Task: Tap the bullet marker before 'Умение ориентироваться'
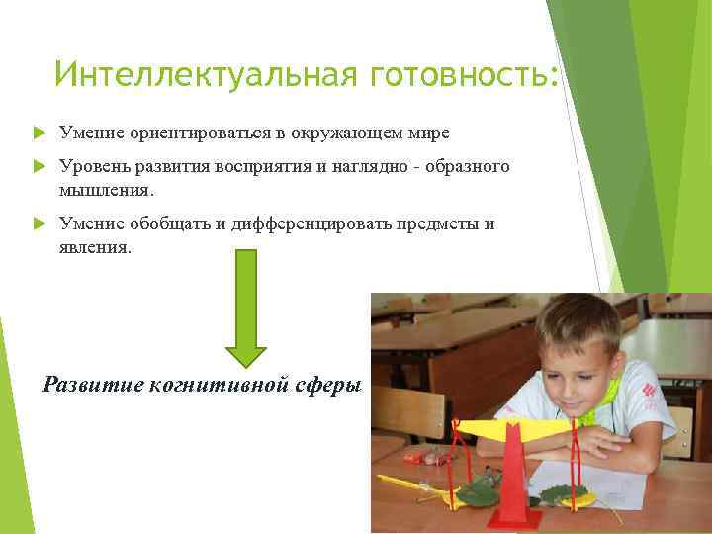pos(39,132)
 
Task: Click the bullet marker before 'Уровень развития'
pos(39,167)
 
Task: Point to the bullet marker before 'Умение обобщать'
pos(39,224)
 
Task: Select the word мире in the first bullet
pos(425,132)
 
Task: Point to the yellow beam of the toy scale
pos(514,427)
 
